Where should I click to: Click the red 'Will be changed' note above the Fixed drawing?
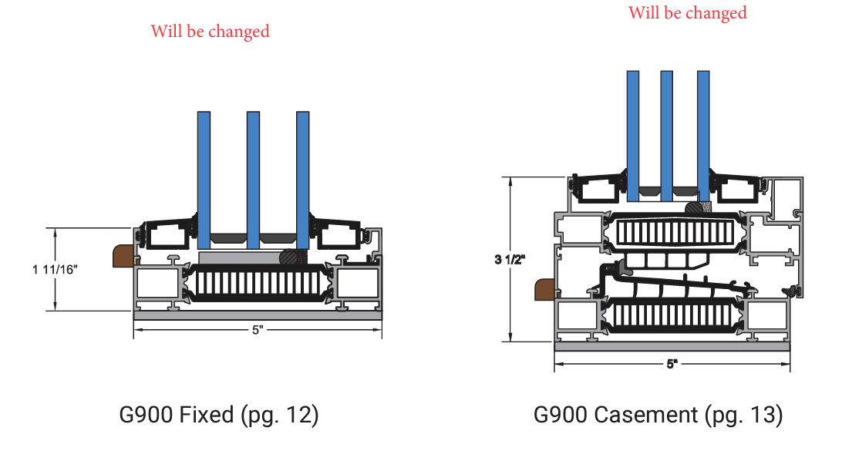click(210, 32)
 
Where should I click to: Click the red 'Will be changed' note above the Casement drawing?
click(687, 13)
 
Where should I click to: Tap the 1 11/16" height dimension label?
click(55, 270)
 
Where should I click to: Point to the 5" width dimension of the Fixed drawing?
click(258, 330)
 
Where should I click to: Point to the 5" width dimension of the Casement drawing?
click(672, 364)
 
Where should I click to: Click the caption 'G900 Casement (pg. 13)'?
click(658, 415)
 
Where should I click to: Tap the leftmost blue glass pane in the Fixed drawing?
click(204, 177)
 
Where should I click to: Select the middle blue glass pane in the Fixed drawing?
click(253, 177)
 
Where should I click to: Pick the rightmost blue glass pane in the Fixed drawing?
click(303, 177)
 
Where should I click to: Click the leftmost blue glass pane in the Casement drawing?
click(632, 131)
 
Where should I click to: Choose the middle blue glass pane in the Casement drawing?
click(667, 131)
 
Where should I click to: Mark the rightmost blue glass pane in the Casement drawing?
click(702, 131)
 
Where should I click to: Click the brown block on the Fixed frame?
click(122, 256)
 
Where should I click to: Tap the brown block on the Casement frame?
click(544, 290)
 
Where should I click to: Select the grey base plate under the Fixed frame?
click(258, 315)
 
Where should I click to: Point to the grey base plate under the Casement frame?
click(672, 347)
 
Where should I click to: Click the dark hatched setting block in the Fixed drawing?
click(293, 257)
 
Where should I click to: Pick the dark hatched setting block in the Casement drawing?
click(698, 207)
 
